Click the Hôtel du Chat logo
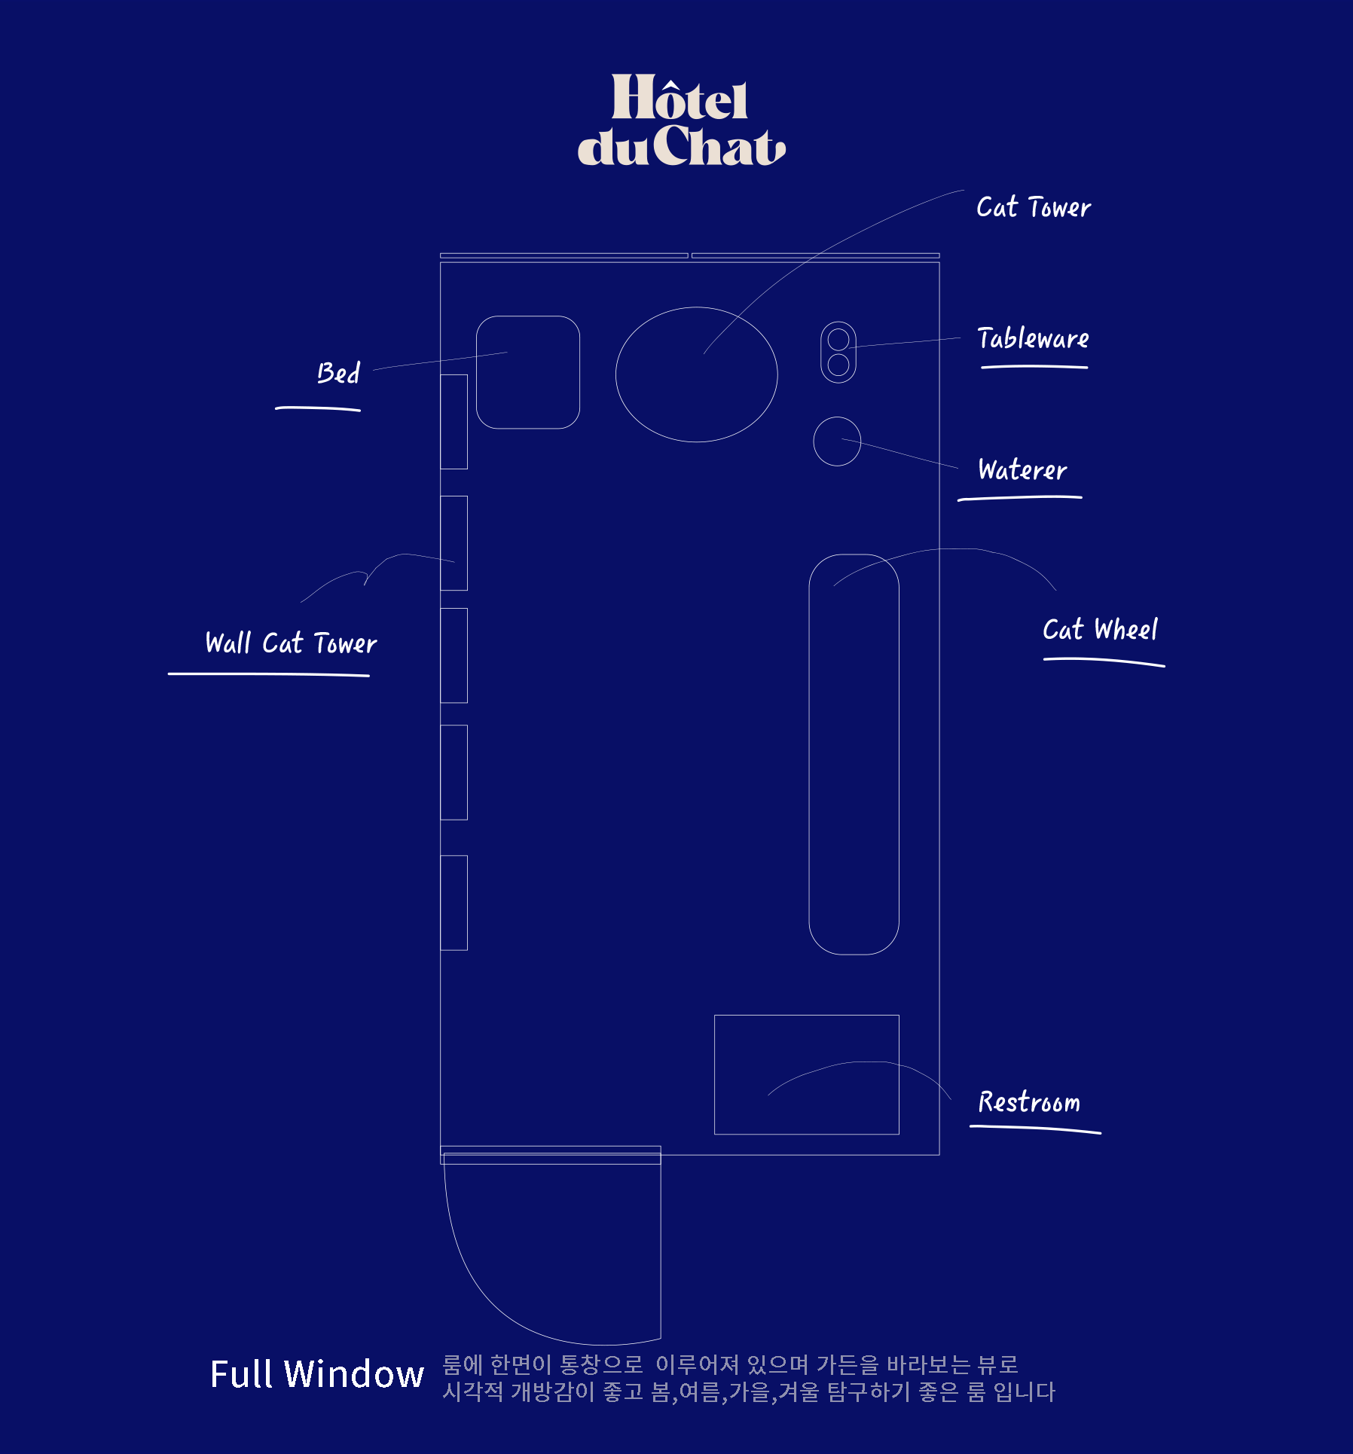coord(681,120)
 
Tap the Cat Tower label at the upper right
coord(1034,207)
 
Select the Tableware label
coord(1033,338)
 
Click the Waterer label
coord(1022,469)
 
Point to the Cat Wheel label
coord(1100,629)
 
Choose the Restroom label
coord(1029,1102)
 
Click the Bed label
coord(338,373)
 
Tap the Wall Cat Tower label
coord(291,643)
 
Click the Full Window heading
coord(317,1373)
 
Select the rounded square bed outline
coord(477,372)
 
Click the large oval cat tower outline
coord(616,374)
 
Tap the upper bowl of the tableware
coord(838,340)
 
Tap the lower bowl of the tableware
coord(838,365)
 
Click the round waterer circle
coord(814,441)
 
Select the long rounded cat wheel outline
coord(810,754)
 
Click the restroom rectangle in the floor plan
coord(715,1074)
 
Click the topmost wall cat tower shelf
coord(454,374)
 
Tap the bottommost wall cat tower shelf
coord(454,856)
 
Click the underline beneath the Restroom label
coord(1035,1128)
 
